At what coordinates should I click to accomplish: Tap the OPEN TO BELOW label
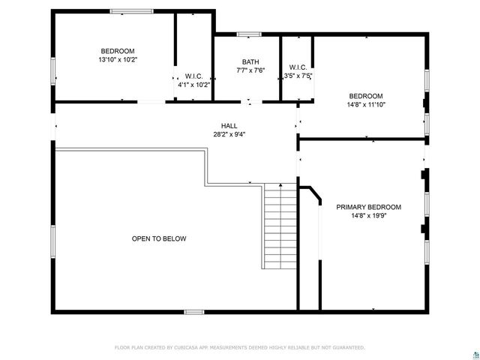click(159, 238)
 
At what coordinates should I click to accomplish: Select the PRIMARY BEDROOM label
click(368, 207)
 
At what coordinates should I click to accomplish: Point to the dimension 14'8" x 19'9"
click(368, 216)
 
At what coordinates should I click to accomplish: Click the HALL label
click(229, 125)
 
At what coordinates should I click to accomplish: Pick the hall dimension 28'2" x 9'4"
click(229, 134)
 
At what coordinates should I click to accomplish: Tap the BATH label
click(250, 61)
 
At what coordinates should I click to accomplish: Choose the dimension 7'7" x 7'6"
click(250, 70)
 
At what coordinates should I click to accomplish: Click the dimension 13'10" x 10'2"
click(118, 59)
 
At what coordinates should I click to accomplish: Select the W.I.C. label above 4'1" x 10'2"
click(193, 76)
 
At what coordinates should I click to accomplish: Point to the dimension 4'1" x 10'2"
click(193, 85)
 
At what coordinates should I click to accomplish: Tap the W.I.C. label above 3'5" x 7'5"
click(298, 66)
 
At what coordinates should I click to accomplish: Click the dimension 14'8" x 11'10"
click(366, 105)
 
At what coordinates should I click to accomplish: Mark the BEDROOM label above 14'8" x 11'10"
click(366, 96)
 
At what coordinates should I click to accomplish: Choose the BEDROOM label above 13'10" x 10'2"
click(118, 50)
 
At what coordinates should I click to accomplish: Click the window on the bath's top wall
click(249, 34)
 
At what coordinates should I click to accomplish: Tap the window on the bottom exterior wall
click(194, 311)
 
